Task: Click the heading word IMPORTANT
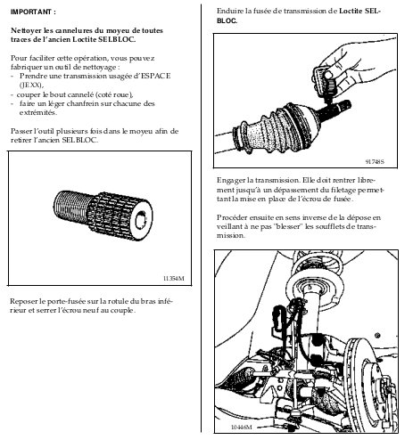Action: pos(31,12)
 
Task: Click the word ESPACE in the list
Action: pos(156,76)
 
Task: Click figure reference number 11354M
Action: pos(174,279)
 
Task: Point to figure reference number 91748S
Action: pos(375,162)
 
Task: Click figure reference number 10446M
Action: pos(242,428)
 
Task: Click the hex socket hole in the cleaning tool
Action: pos(140,220)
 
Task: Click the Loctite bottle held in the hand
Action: pos(325,83)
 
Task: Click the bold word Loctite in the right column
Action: pos(351,12)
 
